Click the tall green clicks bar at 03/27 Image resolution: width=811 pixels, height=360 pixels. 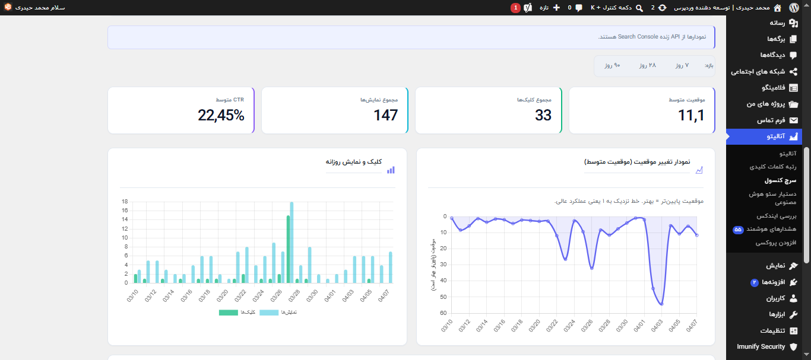[x=288, y=249]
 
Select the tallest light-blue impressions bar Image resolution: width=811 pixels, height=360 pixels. [x=292, y=243]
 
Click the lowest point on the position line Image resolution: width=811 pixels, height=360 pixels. [x=662, y=304]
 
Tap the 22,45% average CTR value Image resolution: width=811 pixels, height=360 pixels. [x=221, y=116]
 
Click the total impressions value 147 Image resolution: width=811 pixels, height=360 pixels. [x=385, y=116]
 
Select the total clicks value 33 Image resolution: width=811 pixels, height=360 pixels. [x=543, y=116]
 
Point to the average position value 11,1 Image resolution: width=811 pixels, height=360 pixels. [x=691, y=116]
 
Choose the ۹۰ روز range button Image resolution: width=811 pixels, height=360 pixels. [x=612, y=65]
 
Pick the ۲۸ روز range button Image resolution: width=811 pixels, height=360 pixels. [x=647, y=65]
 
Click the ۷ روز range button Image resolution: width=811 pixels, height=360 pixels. [x=682, y=65]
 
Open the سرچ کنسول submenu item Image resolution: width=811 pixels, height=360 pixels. [x=780, y=180]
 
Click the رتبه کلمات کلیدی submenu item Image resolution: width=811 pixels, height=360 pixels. [x=773, y=167]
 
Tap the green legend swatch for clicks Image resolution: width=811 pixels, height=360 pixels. [x=228, y=312]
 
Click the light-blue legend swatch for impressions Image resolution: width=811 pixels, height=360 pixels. [x=268, y=312]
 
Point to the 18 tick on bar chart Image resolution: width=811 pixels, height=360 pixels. [x=125, y=202]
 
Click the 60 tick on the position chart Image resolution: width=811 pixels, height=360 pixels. [x=443, y=313]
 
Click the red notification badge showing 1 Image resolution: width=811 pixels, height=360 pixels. [x=515, y=8]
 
